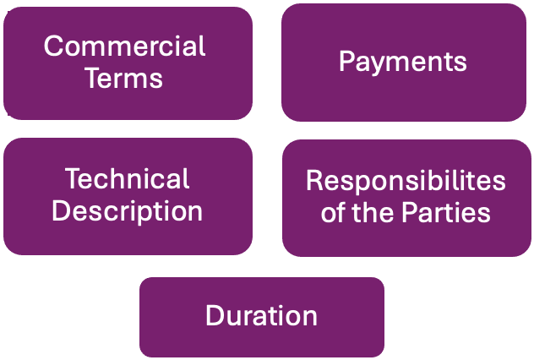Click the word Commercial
click(125, 46)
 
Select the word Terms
click(125, 78)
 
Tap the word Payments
click(402, 62)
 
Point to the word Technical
click(127, 178)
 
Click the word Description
click(127, 210)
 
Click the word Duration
click(261, 316)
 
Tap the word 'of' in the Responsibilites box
click(332, 211)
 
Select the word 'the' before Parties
click(374, 211)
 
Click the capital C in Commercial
click(53, 46)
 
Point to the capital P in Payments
click(346, 62)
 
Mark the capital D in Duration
click(213, 316)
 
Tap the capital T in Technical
click(72, 178)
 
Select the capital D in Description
click(60, 210)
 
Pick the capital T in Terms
click(95, 78)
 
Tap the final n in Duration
click(310, 318)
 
